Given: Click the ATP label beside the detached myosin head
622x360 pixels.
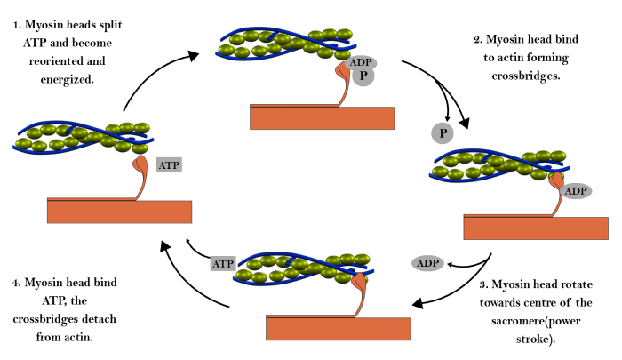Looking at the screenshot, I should point(169,164).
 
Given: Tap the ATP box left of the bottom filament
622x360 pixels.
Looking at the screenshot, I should point(222,263).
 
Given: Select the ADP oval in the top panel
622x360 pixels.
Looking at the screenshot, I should point(361,62).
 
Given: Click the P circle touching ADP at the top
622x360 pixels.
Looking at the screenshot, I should point(363,76).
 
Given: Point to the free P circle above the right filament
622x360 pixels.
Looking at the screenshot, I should point(443,133).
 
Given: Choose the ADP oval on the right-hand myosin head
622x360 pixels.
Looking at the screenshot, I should point(576,191).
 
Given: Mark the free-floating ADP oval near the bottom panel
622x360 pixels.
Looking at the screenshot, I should point(427,263).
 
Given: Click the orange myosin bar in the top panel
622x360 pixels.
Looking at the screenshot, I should point(322,118).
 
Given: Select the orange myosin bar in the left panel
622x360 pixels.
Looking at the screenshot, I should point(119,212).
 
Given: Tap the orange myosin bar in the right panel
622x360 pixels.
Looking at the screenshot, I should point(536,228).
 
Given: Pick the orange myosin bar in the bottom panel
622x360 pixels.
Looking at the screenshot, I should point(338,329).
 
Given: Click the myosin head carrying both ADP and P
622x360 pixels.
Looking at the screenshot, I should point(342,70).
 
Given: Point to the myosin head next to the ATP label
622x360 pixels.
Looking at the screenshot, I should point(140,164).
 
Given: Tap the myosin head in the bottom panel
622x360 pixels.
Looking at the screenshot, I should point(359,283).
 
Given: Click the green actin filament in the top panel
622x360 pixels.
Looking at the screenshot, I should point(284,43).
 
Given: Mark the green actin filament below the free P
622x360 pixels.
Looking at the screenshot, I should point(498,164).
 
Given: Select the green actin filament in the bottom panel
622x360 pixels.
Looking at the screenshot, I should point(302,268).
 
